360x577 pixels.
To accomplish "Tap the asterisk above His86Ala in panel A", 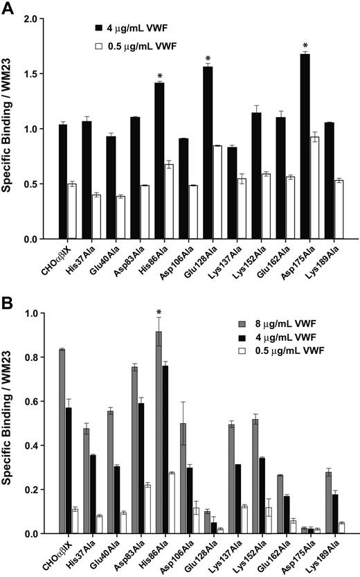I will pyautogui.click(x=160, y=76).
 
